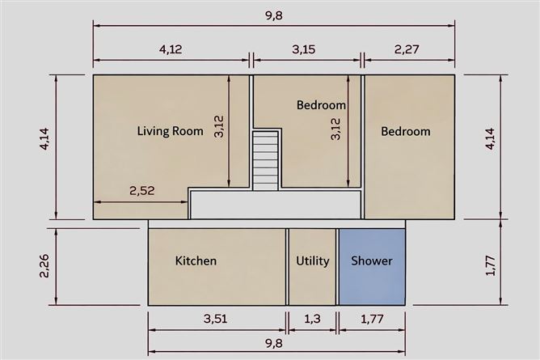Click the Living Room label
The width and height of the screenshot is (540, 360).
pyautogui.click(x=170, y=131)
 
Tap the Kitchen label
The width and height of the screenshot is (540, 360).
pyautogui.click(x=196, y=260)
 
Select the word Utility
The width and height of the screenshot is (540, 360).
pyautogui.click(x=312, y=260)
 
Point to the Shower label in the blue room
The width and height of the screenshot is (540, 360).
pyautogui.click(x=371, y=260)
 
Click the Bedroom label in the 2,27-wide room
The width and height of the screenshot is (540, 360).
pyautogui.click(x=406, y=131)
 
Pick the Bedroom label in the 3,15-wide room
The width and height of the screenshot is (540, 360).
pyautogui.click(x=321, y=105)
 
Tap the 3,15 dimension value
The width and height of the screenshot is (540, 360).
pyautogui.click(x=303, y=49)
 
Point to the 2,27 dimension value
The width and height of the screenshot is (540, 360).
pyautogui.click(x=407, y=49)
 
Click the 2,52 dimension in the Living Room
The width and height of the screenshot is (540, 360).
pyautogui.click(x=141, y=191)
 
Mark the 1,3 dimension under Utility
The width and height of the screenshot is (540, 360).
pyautogui.click(x=311, y=319)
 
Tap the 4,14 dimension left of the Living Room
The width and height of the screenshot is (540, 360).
pyautogui.click(x=44, y=146)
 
